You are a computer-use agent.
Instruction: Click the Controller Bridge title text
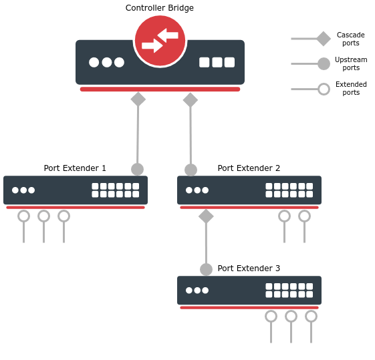pos(160,8)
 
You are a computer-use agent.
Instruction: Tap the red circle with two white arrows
pos(160,41)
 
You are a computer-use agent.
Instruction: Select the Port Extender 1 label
pos(75,168)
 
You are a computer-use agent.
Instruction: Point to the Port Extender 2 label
pos(249,168)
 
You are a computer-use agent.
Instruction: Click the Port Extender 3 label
pos(249,268)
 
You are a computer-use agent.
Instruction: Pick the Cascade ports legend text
pos(351,39)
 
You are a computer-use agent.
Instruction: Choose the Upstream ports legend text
pos(351,63)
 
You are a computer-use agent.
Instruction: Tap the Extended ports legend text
pos(351,88)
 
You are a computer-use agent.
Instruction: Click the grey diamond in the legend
pos(324,39)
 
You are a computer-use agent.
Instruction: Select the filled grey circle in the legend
pos(324,63)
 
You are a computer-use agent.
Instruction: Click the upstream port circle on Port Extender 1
pos(138,170)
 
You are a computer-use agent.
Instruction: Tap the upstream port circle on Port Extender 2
pos(191,170)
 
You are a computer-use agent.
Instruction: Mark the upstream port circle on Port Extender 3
pos(206,269)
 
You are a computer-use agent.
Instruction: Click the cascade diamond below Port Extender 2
pos(206,216)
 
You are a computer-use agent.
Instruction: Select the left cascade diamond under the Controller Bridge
pos(138,99)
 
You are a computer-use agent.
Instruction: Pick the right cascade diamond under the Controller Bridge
pos(191,100)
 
